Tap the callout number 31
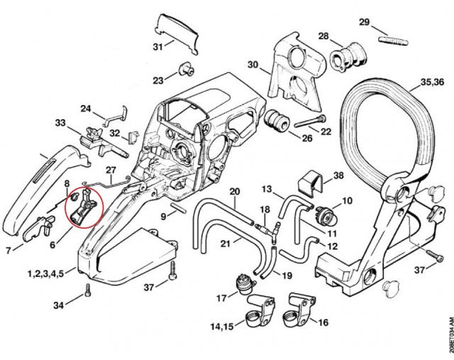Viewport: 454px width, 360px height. click(x=160, y=47)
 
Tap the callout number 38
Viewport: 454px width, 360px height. click(x=338, y=175)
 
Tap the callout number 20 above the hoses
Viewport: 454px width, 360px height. click(x=235, y=192)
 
